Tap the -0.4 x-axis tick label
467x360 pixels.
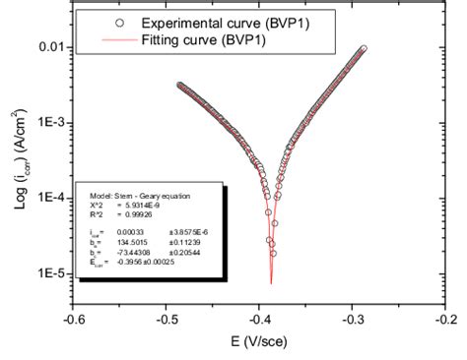coord(260,318)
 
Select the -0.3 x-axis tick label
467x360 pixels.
coord(354,318)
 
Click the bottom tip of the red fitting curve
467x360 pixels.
coord(271,283)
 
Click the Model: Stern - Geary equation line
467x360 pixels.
coord(129,195)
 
